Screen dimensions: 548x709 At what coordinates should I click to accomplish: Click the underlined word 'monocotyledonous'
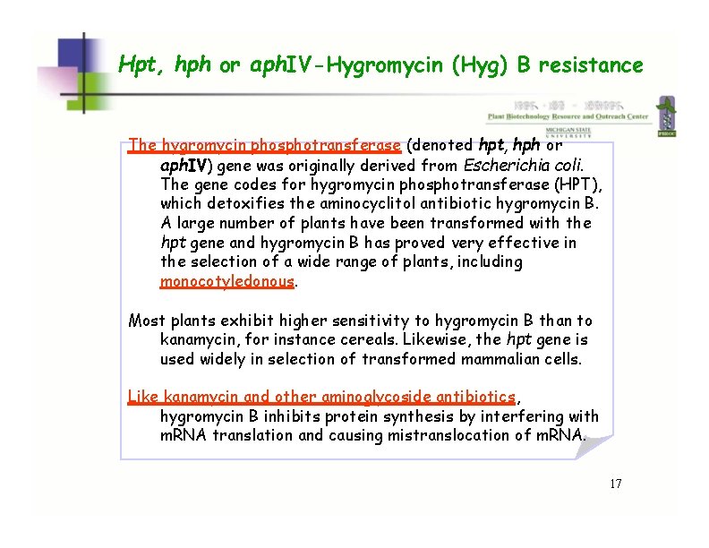(227, 281)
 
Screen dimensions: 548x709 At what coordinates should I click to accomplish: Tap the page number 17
(615, 484)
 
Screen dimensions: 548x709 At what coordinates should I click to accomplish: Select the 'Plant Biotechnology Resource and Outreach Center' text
(567, 116)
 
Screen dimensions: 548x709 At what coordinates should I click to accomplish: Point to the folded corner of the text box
(592, 445)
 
